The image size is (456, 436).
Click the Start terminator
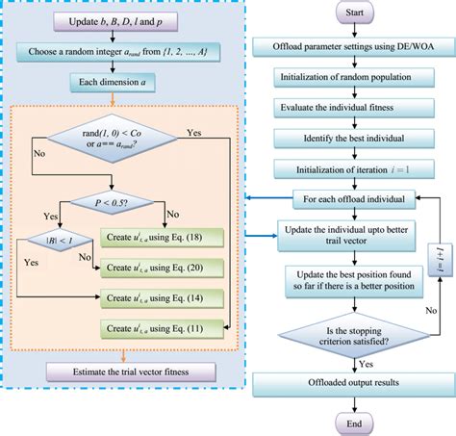tap(353, 14)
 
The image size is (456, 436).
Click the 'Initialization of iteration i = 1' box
tap(353, 170)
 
